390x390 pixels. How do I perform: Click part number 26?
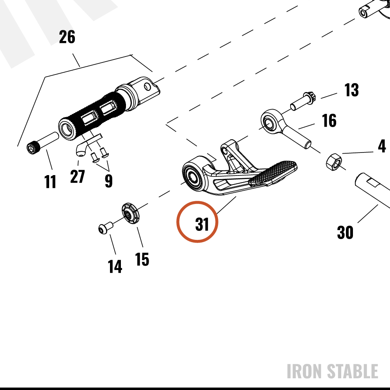[x=67, y=37]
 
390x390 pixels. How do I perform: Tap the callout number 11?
[x=50, y=181]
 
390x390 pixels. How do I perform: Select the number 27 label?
[x=77, y=176]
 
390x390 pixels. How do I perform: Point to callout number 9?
[x=109, y=181]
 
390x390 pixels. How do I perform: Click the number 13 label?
[x=351, y=90]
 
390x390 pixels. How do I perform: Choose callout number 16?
[x=329, y=121]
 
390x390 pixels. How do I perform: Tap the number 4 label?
[x=382, y=146]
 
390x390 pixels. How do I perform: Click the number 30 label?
[x=345, y=232]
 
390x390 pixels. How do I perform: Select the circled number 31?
[x=202, y=224]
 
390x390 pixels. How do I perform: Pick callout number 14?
[x=115, y=267]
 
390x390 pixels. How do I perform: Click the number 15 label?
[x=142, y=259]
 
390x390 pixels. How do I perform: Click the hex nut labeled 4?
[x=334, y=162]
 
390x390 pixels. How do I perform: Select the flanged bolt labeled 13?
[x=303, y=101]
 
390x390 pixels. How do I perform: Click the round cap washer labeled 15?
[x=131, y=213]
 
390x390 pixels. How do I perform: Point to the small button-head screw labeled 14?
[x=105, y=228]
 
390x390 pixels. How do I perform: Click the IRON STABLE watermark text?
[x=332, y=371]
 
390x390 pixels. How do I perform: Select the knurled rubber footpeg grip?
[x=92, y=116]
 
